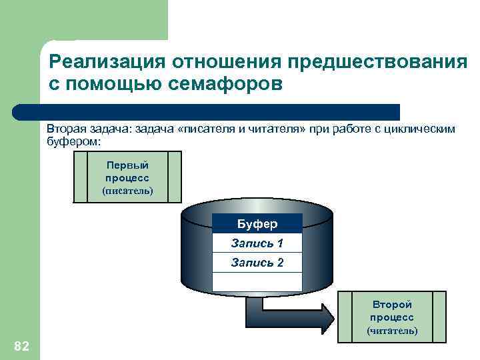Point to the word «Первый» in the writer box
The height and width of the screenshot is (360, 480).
(127, 165)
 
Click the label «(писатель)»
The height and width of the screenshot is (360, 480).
(127, 191)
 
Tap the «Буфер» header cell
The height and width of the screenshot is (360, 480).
(257, 223)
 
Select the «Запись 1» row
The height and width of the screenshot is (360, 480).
(257, 243)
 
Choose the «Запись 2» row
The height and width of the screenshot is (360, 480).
(257, 263)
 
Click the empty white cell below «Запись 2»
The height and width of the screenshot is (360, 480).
(257, 282)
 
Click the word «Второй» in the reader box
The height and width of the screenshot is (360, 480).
(392, 305)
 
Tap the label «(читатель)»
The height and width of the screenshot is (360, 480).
(392, 331)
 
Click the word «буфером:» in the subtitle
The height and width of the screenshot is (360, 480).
(73, 141)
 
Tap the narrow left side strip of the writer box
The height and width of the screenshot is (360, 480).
(80, 177)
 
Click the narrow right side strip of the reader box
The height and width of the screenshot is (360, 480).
(439, 317)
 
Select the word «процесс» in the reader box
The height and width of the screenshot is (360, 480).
(392, 317)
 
